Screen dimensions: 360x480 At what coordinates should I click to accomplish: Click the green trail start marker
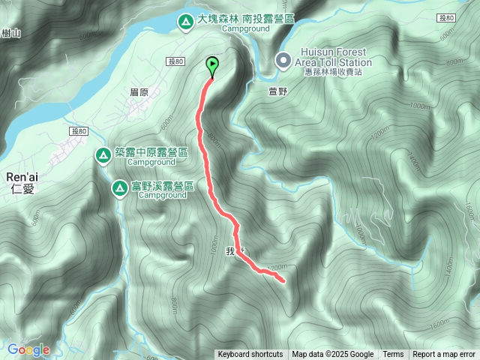(212, 66)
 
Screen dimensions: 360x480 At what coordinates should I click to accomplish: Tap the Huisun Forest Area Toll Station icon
(283, 59)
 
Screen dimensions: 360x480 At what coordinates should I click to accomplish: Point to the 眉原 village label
(139, 91)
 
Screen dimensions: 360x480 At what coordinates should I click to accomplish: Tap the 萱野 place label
(277, 91)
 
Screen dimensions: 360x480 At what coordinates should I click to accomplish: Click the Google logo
(28, 349)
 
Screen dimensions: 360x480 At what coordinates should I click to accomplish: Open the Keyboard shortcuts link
(250, 355)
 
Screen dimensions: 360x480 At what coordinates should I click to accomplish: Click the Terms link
(393, 355)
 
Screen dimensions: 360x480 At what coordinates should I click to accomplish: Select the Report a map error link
(444, 355)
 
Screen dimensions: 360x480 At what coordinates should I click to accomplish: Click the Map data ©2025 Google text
(333, 355)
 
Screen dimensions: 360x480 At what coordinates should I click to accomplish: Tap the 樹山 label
(10, 33)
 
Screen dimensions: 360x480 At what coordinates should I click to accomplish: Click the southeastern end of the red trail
(284, 281)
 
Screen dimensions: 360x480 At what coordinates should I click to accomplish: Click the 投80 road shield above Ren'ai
(80, 132)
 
